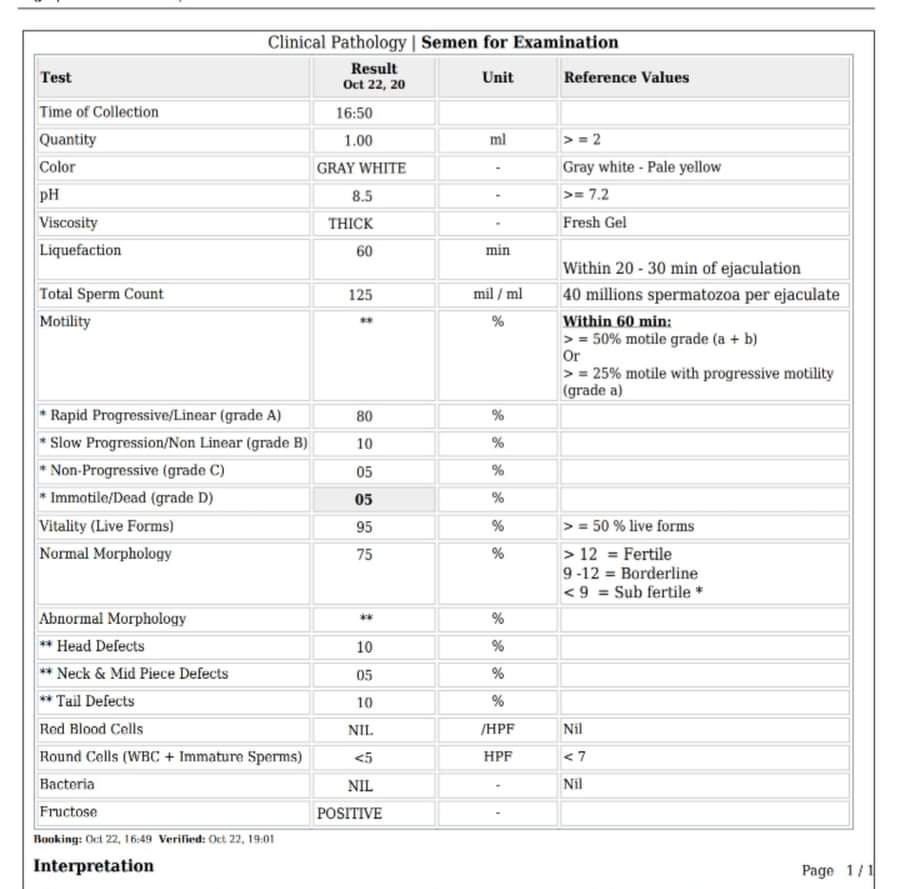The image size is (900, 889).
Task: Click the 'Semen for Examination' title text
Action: pos(520,42)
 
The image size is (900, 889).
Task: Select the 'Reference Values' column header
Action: pos(626,77)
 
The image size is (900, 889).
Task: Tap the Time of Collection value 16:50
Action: pos(354,113)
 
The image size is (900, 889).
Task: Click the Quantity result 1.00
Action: pos(358,141)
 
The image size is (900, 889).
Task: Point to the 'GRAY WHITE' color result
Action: pos(361,168)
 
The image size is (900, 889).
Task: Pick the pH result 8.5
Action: pos(361,196)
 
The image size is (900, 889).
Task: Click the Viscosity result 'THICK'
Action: pos(350,224)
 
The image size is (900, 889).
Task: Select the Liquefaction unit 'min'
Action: pos(498,251)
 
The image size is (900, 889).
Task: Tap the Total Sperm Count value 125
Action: pos(361,295)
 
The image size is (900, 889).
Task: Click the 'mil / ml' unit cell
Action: pos(498,295)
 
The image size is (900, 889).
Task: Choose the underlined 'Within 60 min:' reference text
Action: pos(617,321)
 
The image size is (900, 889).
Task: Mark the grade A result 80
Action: pos(364,416)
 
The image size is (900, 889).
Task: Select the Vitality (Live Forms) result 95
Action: pos(364,527)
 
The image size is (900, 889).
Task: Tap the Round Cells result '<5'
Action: pos(362,758)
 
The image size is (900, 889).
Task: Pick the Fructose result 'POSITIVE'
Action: pos(349,814)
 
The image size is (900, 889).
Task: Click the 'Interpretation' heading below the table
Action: pos(94,866)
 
